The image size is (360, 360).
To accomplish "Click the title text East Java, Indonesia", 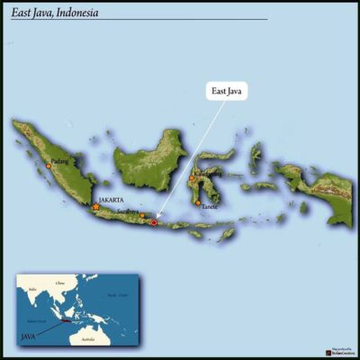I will click(55, 13).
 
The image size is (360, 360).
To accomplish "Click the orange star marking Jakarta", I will click(96, 207).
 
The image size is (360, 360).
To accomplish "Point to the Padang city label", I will click(59, 161).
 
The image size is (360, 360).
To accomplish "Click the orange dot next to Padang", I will click(48, 166).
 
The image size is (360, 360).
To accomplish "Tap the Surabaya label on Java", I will click(128, 211).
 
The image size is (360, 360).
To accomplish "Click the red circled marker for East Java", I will click(154, 221).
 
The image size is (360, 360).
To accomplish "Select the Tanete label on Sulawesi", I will click(210, 207).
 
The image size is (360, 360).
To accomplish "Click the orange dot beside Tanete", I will click(198, 202).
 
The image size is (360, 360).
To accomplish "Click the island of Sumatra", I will click(63, 171).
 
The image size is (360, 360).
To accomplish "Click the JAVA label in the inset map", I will click(29, 335).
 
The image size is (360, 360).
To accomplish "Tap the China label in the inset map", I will click(60, 283).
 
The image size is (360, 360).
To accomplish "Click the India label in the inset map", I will click(32, 290).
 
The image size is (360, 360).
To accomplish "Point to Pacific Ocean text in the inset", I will click(115, 294).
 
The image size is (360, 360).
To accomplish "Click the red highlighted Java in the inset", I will click(67, 319).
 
